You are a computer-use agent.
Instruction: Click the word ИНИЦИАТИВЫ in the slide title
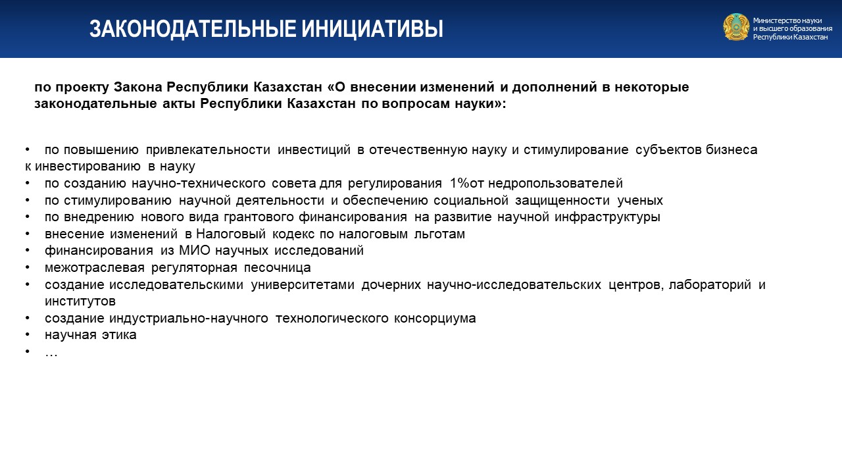372,30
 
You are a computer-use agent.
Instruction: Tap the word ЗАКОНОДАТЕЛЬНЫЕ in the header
191,30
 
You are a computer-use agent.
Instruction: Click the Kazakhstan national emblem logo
736,27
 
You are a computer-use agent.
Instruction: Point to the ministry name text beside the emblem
793,28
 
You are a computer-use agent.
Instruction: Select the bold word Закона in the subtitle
137,87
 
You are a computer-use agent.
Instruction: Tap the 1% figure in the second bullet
459,183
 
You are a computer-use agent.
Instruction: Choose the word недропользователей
556,184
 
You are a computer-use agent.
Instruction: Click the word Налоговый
231,234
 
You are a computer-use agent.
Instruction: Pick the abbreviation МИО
195,251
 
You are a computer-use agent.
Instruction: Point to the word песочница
278,267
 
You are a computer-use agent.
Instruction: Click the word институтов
80,302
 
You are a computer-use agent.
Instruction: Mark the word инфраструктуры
607,217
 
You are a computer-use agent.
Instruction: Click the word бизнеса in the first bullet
731,149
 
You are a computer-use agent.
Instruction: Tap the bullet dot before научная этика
28,334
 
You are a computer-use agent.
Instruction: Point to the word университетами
303,285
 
